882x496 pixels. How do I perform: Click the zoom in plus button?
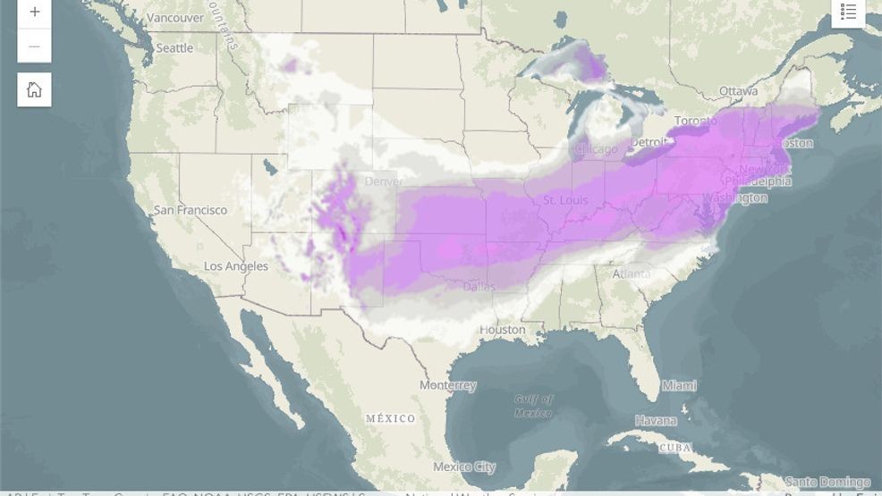click(x=34, y=13)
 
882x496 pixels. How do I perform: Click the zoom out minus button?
click(x=34, y=46)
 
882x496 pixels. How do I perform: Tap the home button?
click(x=34, y=89)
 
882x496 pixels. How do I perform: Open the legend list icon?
click(x=848, y=12)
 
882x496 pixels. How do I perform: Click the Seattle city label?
click(x=174, y=48)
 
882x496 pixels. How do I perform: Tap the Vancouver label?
click(x=174, y=18)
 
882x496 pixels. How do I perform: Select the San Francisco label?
click(x=191, y=210)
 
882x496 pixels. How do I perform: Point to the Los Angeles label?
click(x=235, y=266)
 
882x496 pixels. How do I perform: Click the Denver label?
click(x=384, y=182)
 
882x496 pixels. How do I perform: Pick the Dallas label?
click(x=479, y=287)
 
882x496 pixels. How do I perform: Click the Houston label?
click(x=502, y=330)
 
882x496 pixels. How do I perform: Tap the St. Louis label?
click(x=565, y=199)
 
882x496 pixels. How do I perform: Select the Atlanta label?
click(x=631, y=274)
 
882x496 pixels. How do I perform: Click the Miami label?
click(x=679, y=385)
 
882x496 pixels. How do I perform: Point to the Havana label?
click(x=656, y=420)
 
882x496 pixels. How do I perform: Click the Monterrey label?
click(x=447, y=385)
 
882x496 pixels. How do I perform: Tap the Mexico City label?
click(x=463, y=467)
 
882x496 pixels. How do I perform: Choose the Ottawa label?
click(x=738, y=91)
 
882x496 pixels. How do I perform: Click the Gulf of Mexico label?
click(x=533, y=406)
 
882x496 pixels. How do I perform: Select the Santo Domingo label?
click(x=827, y=483)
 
